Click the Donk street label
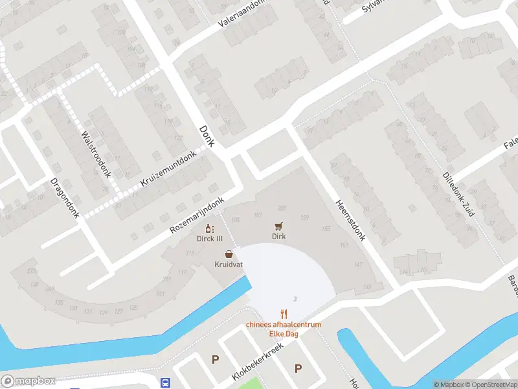[x=207, y=136]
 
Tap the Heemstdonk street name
[x=351, y=219]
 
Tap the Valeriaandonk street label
[x=243, y=16]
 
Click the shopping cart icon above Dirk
[x=278, y=226]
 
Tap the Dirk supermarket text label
[x=278, y=237]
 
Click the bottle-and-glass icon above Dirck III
[x=209, y=228]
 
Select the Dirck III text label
[x=210, y=238]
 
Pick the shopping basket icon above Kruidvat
[x=229, y=255]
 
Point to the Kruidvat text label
[x=229, y=265]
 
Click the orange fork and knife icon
[x=283, y=314]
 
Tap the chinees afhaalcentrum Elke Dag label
[x=283, y=329]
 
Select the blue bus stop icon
[x=166, y=383]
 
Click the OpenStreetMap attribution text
[x=490, y=384]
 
